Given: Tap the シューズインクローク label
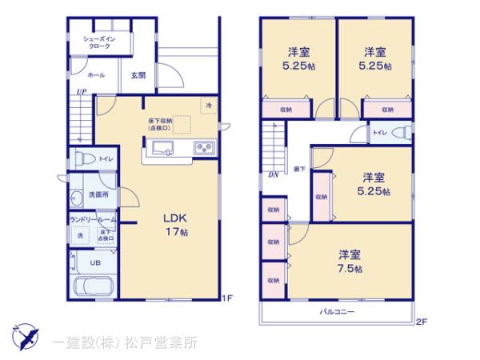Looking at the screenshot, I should click(x=100, y=42).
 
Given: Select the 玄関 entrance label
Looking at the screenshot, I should click(x=138, y=75).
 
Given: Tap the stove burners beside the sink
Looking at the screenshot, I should click(x=202, y=147).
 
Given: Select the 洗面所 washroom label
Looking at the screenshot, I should click(x=98, y=194).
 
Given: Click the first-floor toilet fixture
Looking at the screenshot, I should click(x=82, y=158).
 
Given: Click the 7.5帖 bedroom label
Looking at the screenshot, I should click(x=350, y=261).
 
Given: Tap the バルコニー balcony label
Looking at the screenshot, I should click(x=338, y=311).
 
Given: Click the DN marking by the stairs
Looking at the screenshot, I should click(x=273, y=174).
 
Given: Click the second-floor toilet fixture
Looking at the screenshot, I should click(x=403, y=132).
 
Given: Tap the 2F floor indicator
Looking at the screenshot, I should click(x=422, y=322).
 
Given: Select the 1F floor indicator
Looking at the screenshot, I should click(x=227, y=299).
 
